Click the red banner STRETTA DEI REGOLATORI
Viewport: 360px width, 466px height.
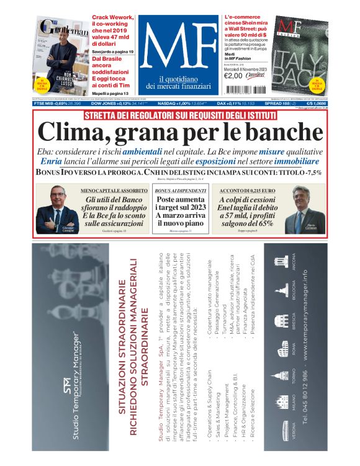[x=179, y=115]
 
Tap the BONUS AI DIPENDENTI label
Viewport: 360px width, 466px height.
[x=179, y=190]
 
